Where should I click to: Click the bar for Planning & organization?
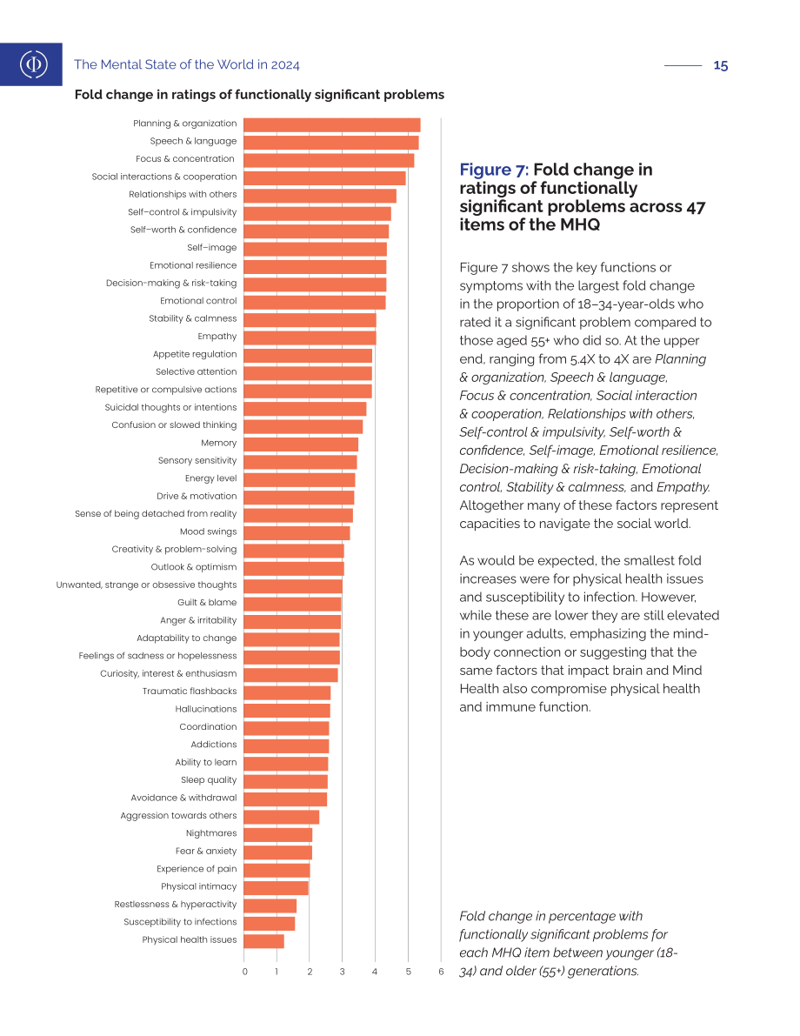[332, 125]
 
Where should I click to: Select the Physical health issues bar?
[264, 941]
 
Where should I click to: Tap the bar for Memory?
[301, 444]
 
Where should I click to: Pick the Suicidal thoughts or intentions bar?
[305, 408]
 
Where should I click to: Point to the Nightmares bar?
[278, 834]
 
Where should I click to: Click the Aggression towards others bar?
[282, 817]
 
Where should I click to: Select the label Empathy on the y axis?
[217, 337]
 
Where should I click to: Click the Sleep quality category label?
[209, 779]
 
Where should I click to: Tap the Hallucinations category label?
[206, 709]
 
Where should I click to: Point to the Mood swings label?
[208, 531]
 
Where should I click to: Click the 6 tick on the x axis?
[441, 972]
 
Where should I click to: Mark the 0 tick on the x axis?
[245, 972]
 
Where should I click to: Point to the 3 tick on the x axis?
[343, 972]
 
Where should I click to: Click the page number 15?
[721, 65]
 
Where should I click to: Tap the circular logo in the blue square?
[34, 64]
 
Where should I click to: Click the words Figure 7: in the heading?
[494, 170]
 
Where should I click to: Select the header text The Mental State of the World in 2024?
[187, 64]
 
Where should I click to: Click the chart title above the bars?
[260, 95]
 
